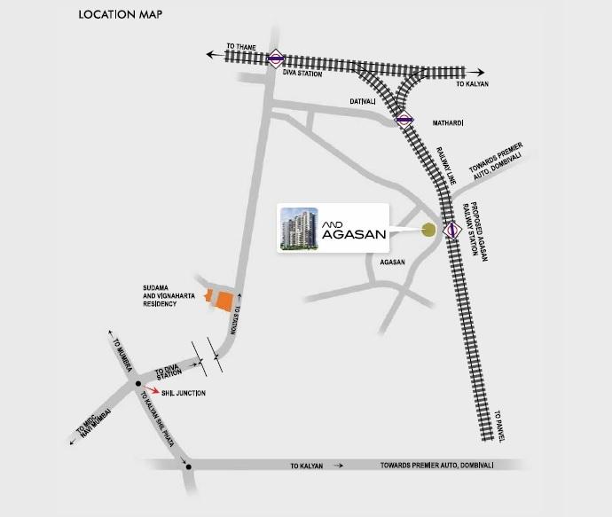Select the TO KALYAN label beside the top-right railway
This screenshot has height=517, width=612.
473,83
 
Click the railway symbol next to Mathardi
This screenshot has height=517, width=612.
404,119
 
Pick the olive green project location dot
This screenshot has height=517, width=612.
428,231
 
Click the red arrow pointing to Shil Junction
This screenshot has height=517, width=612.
157,389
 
